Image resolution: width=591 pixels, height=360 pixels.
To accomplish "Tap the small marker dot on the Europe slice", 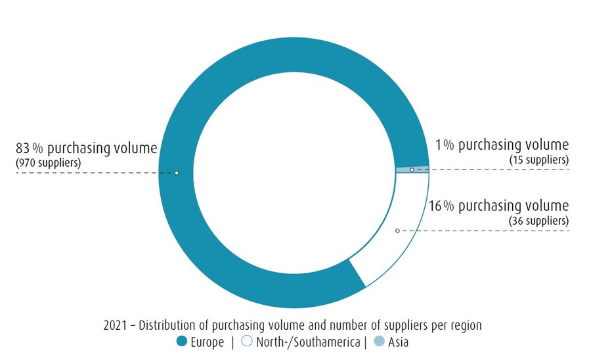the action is [x=177, y=173].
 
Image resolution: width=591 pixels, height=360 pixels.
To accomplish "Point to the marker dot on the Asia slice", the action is [x=412, y=170].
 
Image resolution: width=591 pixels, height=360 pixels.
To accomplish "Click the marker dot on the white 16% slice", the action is [x=397, y=231].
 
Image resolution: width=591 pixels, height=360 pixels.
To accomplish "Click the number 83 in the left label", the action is [x=22, y=148].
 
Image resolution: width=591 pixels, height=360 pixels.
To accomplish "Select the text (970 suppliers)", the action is [x=48, y=163].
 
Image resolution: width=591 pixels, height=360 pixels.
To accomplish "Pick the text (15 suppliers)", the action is [x=539, y=160].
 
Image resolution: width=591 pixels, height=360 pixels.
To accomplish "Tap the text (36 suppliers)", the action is [x=539, y=221].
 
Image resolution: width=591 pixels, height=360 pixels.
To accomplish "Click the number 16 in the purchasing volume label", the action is [x=435, y=206].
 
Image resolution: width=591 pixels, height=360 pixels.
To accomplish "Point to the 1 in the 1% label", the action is [x=439, y=145].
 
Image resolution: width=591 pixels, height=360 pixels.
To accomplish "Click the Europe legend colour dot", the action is [x=182, y=342].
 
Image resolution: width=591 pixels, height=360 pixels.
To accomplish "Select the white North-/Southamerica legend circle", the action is [x=247, y=342].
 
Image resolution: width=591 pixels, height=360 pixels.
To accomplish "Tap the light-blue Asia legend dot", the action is [x=379, y=342].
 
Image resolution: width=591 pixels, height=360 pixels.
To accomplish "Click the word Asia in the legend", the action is [x=399, y=342].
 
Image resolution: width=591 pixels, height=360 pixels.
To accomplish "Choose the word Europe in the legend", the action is [x=208, y=342].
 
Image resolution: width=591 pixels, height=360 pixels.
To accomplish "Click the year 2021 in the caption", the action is [x=115, y=325].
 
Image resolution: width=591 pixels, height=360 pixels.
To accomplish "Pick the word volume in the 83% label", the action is [x=137, y=148].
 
